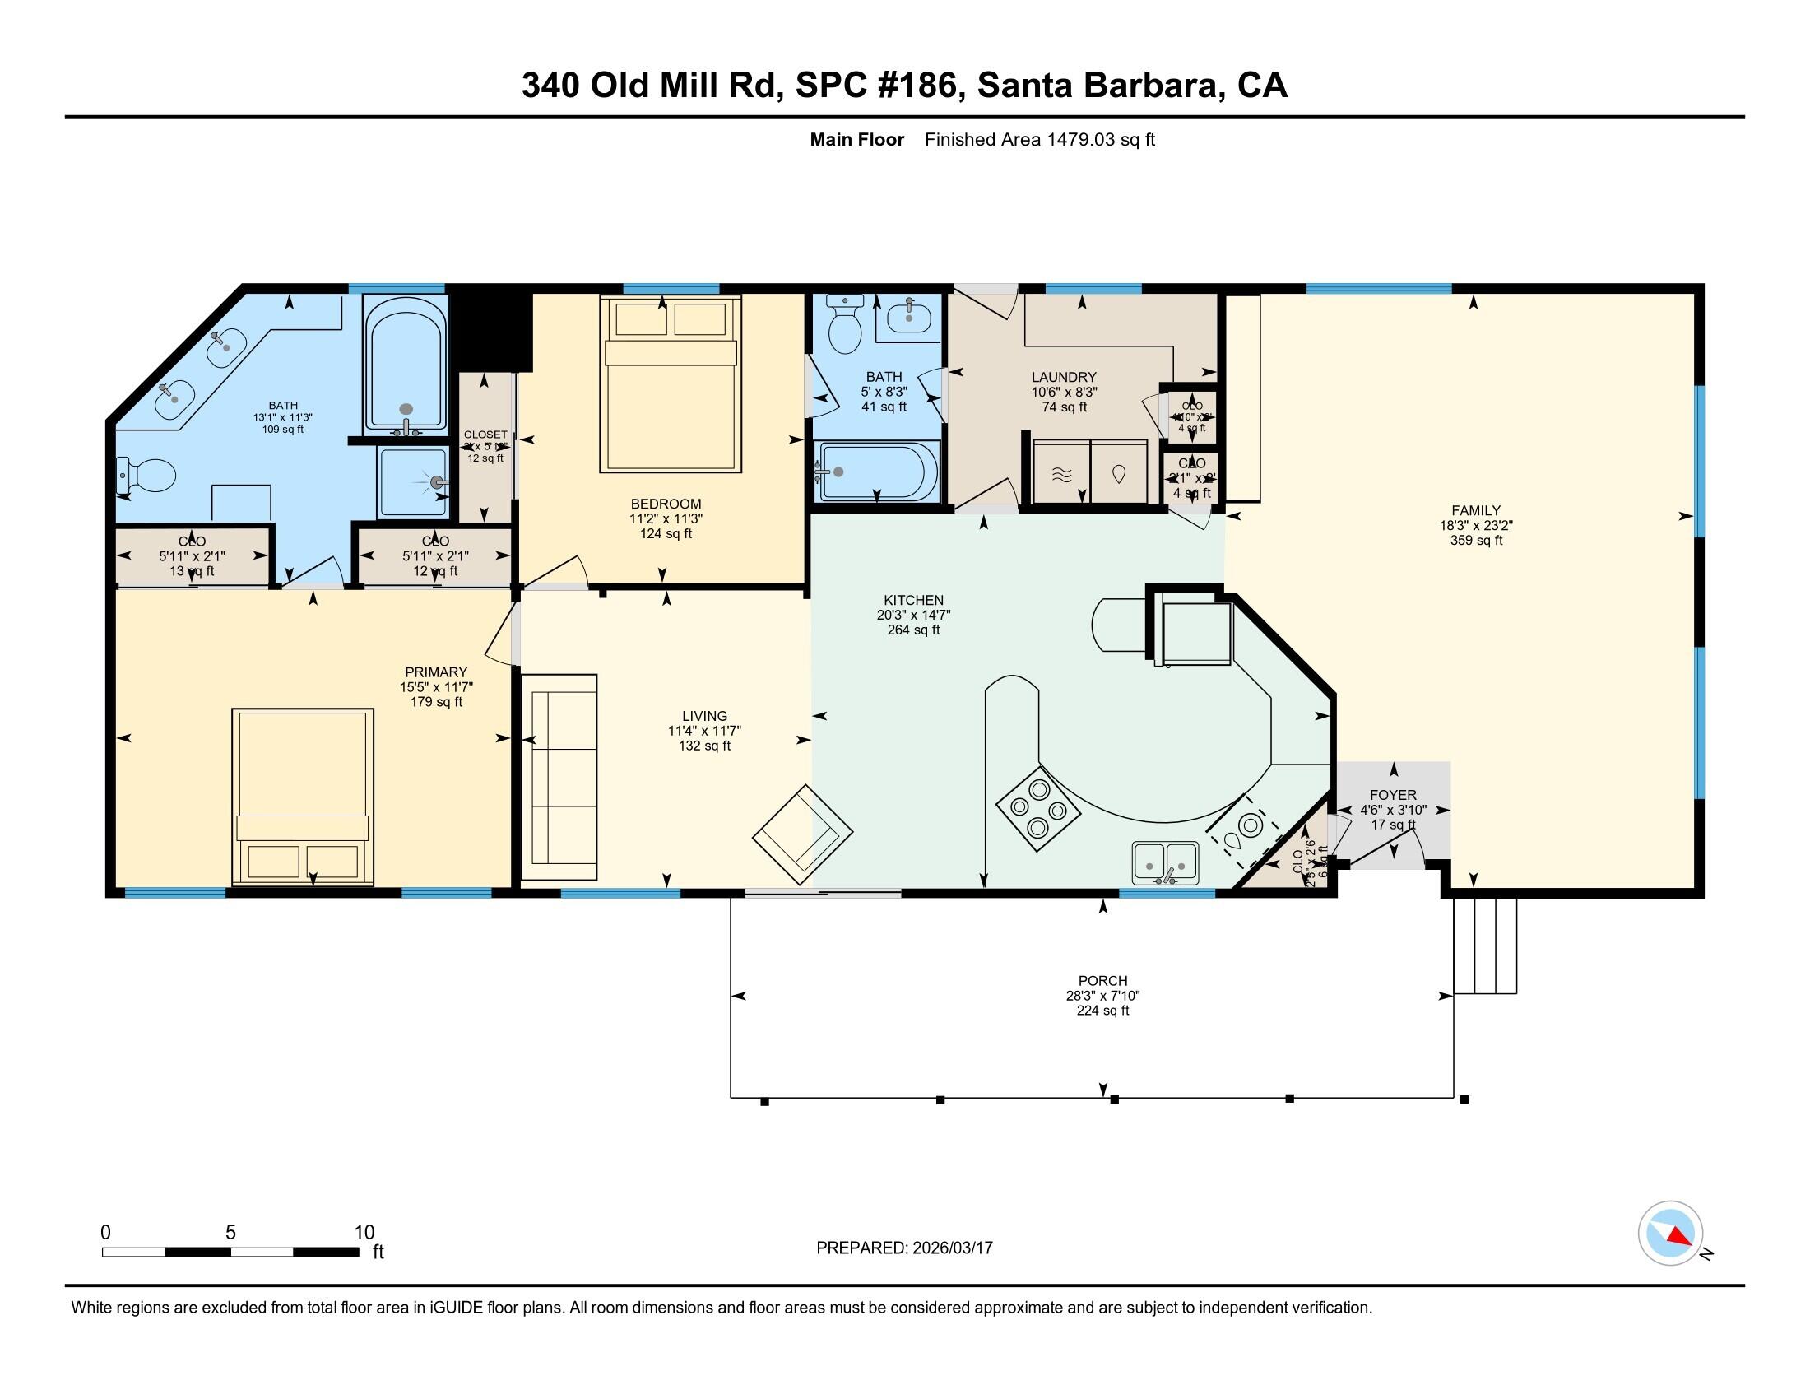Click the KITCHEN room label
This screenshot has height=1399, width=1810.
coord(913,600)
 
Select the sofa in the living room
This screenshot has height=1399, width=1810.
coord(559,777)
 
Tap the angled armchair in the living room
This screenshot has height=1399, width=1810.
coord(802,834)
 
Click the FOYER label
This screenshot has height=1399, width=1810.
coord(1393,795)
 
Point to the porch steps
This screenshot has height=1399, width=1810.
coord(1485,946)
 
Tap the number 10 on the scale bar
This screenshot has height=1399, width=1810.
coord(364,1233)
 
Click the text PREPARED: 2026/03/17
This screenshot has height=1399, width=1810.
coord(904,1248)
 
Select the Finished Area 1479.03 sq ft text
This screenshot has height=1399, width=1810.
coord(1039,140)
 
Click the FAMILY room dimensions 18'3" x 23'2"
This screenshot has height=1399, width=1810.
coord(1476,526)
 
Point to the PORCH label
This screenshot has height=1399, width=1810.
coord(1103,980)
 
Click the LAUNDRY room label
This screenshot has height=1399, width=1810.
coord(1064,377)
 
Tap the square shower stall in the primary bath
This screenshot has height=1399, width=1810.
coord(413,481)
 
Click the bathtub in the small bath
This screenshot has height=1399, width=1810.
coord(879,472)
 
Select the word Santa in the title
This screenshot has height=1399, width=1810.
coord(1024,86)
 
